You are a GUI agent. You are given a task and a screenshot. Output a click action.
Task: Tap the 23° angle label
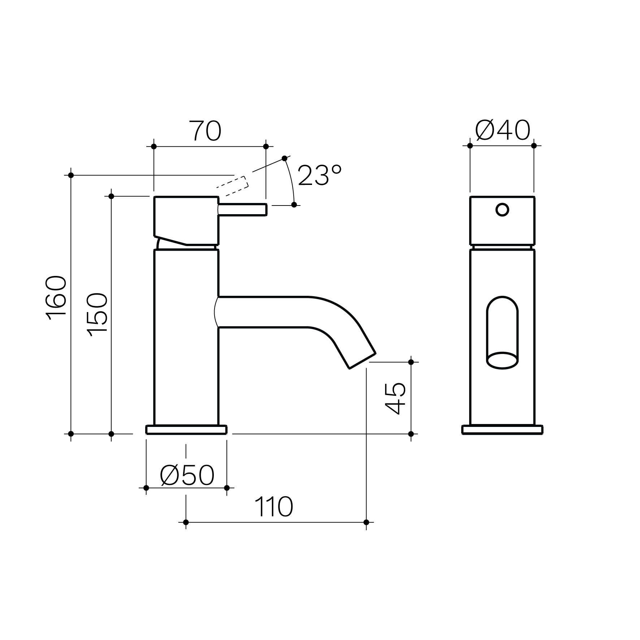(320, 176)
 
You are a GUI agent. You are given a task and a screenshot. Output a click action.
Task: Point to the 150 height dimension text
(97, 315)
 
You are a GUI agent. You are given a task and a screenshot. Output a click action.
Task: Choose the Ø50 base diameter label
(187, 475)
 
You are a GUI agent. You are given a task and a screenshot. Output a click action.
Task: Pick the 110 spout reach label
(273, 507)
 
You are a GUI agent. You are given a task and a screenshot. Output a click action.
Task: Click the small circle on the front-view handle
(502, 209)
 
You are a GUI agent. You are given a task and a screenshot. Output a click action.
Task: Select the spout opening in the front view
(502, 360)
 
